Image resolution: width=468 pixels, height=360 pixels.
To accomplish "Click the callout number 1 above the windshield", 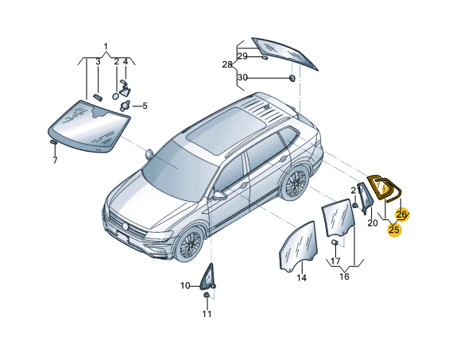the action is [x=106, y=46].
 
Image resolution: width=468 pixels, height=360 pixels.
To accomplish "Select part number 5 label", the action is [x=145, y=106].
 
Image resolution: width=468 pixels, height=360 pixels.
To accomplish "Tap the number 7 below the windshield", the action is [x=55, y=161].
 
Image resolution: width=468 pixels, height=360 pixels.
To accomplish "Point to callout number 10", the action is [x=185, y=285].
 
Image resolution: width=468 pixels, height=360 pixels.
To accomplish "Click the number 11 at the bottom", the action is [x=207, y=314].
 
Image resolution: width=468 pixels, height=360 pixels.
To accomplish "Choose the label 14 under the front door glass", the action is [x=301, y=277].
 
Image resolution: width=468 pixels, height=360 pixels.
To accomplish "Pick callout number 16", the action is [x=344, y=277].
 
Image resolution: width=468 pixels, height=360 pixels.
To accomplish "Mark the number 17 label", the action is [x=335, y=261].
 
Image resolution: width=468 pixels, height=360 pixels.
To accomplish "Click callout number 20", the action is [x=373, y=223].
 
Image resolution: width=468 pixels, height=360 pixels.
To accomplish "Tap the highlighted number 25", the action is [x=394, y=230].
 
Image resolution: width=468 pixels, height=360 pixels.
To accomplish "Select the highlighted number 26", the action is [x=401, y=214].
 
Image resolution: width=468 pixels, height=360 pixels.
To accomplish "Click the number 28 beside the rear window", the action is [x=227, y=64].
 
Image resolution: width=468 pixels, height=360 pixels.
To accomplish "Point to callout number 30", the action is [x=242, y=78].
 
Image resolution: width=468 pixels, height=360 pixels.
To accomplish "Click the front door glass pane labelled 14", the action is [x=298, y=247].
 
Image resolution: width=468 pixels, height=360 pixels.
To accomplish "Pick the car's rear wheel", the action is [x=296, y=183].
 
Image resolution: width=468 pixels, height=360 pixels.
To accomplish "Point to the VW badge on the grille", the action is [x=126, y=226].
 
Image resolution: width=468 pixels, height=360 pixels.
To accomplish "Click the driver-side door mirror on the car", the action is [x=220, y=195].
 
